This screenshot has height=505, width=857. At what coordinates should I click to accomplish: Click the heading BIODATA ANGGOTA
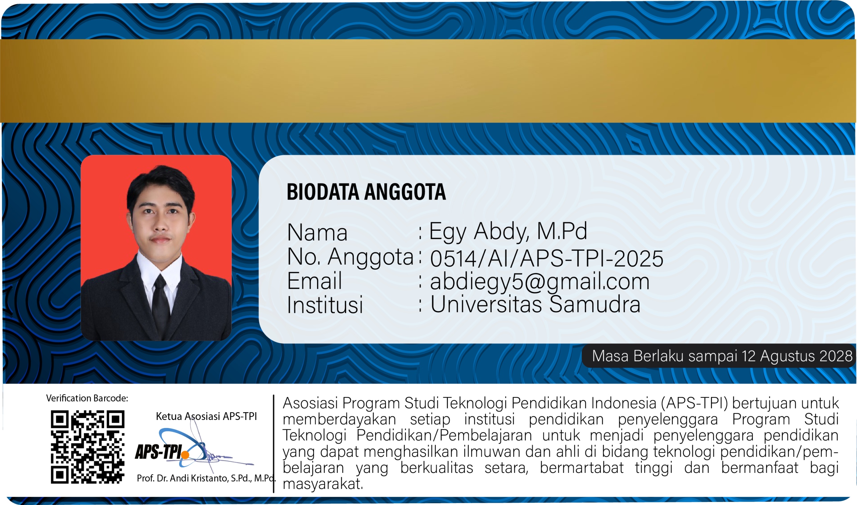(366, 192)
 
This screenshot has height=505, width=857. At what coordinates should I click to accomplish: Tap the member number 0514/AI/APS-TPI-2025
(547, 258)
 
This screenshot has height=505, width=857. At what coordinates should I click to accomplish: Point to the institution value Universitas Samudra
(535, 304)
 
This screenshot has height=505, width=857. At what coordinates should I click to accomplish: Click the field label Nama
(317, 232)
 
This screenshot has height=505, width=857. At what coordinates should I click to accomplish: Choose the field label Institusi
(325, 304)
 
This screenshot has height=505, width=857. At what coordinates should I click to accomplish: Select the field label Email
(314, 281)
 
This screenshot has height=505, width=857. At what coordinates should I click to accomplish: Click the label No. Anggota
(350, 257)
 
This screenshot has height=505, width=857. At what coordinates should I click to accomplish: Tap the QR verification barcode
(88, 447)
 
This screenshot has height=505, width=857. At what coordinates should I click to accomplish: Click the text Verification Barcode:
(87, 398)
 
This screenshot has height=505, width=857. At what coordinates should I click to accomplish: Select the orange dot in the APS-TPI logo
(185, 455)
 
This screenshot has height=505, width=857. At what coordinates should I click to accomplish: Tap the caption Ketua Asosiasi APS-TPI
(206, 416)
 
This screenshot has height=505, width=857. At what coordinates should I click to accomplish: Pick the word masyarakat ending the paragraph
(323, 484)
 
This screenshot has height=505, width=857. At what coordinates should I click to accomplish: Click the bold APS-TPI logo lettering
(158, 452)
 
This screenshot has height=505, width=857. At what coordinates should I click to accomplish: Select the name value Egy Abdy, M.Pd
(508, 231)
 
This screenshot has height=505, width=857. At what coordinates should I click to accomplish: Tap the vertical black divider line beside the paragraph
(274, 444)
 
